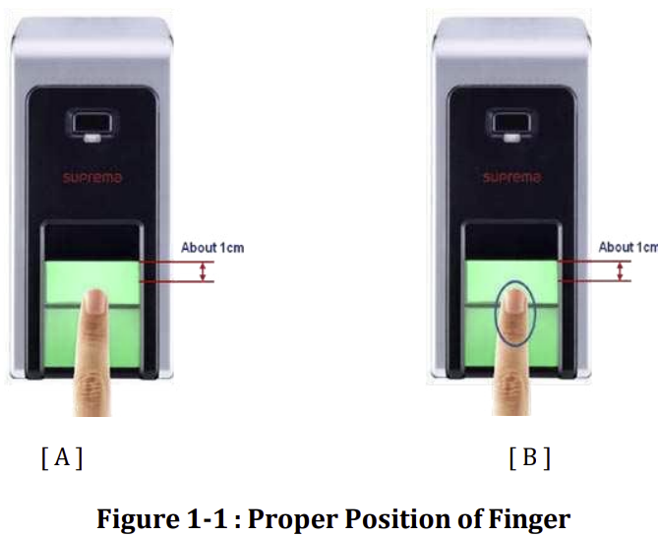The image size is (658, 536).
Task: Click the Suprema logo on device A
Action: (93, 179)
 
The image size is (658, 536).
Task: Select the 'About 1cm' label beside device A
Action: (211, 248)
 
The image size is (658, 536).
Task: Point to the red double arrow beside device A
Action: (204, 271)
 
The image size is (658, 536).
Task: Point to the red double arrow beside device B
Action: (620, 270)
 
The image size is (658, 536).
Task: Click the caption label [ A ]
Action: (61, 457)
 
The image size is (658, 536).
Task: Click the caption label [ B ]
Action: (529, 457)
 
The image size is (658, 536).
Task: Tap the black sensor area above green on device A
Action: (93, 240)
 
